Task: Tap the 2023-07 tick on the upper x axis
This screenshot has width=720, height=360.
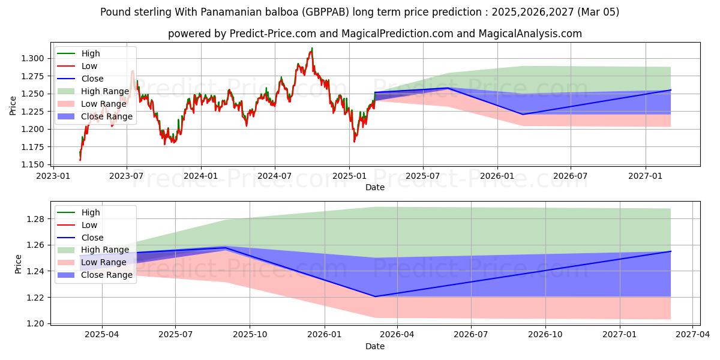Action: pyautogui.click(x=127, y=175)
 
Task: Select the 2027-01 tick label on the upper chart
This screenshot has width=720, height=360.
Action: pyautogui.click(x=646, y=175)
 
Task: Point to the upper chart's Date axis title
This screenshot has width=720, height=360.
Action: pyautogui.click(x=375, y=187)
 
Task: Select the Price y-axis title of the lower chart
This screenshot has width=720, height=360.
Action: pyautogui.click(x=18, y=264)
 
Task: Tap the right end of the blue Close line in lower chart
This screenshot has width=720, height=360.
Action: pyautogui.click(x=670, y=251)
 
